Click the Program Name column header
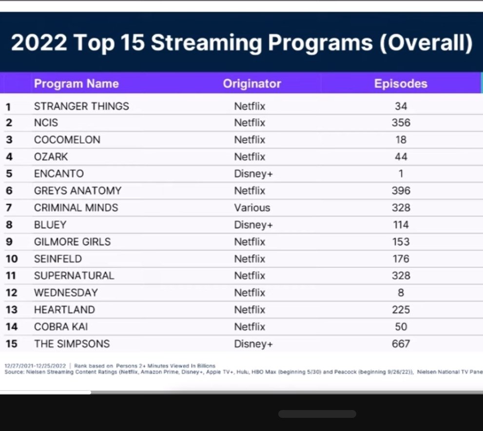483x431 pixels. pyautogui.click(x=77, y=84)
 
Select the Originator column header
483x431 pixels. pyautogui.click(x=252, y=84)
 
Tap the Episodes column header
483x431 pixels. pyautogui.click(x=401, y=84)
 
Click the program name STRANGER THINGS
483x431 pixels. pyautogui.click(x=81, y=106)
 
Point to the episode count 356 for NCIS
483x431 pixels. pyautogui.click(x=401, y=123)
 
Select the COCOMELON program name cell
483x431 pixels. pyautogui.click(x=67, y=140)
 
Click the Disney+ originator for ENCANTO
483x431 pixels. pyautogui.click(x=253, y=174)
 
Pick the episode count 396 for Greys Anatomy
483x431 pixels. pyautogui.click(x=401, y=191)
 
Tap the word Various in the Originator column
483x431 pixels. pyautogui.click(x=252, y=208)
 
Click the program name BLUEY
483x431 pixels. pyautogui.click(x=50, y=225)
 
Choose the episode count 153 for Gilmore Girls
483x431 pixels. pyautogui.click(x=401, y=242)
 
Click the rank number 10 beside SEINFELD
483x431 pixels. pyautogui.click(x=12, y=259)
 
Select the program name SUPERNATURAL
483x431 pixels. pyautogui.click(x=74, y=276)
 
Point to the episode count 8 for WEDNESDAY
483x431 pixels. pyautogui.click(x=401, y=293)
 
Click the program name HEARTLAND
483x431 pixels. pyautogui.click(x=64, y=310)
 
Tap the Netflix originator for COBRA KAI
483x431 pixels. pyautogui.click(x=250, y=327)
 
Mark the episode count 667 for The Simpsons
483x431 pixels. pyautogui.click(x=401, y=344)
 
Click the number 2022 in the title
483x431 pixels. pyautogui.click(x=39, y=42)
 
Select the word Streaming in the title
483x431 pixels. pyautogui.click(x=206, y=43)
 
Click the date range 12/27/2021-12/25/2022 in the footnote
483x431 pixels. pyautogui.click(x=35, y=366)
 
